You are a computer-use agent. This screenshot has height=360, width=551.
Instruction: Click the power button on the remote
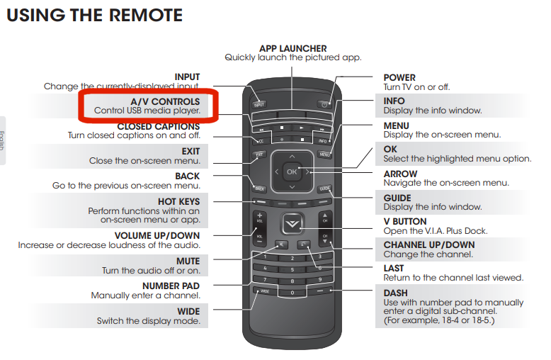pyautogui.click(x=325, y=104)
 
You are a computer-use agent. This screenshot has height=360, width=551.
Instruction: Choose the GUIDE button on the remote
pyautogui.click(x=324, y=189)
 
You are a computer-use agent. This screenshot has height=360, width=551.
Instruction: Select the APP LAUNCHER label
pyautogui.click(x=293, y=48)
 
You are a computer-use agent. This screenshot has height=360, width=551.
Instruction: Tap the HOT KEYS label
pyautogui.click(x=178, y=202)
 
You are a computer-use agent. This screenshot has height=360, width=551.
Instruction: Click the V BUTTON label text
pyautogui.click(x=407, y=222)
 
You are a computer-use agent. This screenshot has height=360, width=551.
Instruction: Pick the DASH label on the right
pyautogui.click(x=396, y=293)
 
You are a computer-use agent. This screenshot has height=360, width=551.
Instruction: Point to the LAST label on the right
pyautogui.click(x=394, y=268)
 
